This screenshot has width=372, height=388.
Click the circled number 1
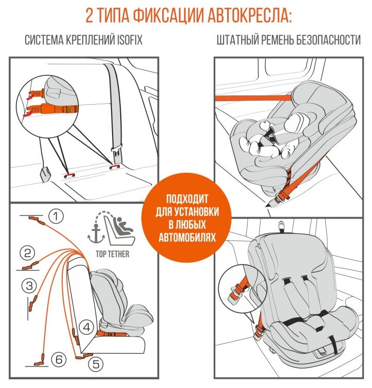pyautogui.click(x=56, y=217)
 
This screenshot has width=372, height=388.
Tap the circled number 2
pyautogui.click(x=27, y=253)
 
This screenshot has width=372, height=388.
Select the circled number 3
pyautogui.click(x=30, y=285)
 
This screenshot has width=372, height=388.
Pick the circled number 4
pyautogui.click(x=87, y=326)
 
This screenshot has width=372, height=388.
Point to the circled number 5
pyautogui.click(x=95, y=364)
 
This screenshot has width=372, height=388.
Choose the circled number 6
pyautogui.click(x=59, y=360)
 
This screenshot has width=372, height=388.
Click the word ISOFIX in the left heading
pyautogui.click(x=128, y=41)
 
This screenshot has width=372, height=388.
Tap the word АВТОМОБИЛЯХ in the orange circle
pyautogui.click(x=186, y=238)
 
